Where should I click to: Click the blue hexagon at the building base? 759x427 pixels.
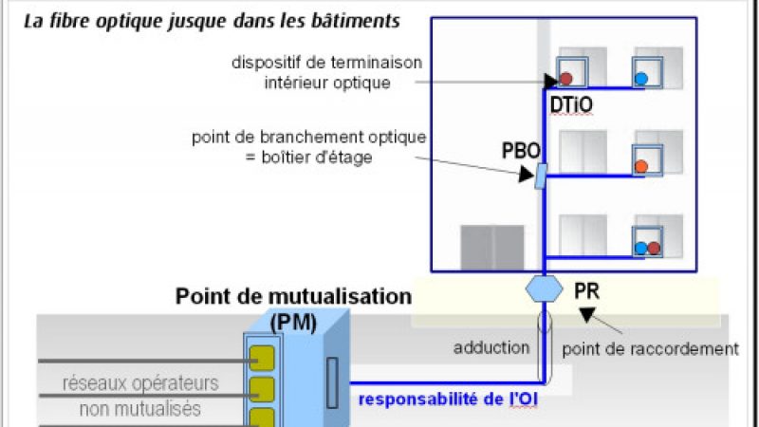point(542,288)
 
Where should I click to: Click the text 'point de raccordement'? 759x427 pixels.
point(650,349)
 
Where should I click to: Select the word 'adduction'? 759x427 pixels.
point(491,347)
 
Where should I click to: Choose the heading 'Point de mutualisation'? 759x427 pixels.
point(293,296)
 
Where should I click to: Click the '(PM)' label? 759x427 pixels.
point(292,322)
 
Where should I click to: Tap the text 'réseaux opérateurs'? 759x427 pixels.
point(140,384)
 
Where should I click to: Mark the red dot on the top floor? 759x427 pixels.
point(566,78)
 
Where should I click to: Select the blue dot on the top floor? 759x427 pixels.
point(641,78)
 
